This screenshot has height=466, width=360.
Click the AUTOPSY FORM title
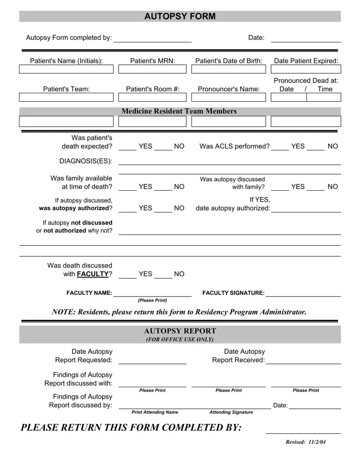[x=180, y=17]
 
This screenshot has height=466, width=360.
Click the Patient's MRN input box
[x=152, y=69]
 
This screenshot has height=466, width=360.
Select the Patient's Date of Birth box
[x=229, y=69]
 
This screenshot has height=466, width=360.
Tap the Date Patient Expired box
[x=306, y=69]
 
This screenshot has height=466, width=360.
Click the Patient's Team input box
[x=66, y=97]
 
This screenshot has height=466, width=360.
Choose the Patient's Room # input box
[x=152, y=97]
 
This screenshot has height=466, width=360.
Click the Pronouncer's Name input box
[x=229, y=97]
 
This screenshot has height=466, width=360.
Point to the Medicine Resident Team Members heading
[x=179, y=111]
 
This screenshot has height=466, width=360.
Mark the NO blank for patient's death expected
[x=163, y=149]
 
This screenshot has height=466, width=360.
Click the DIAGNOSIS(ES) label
[x=86, y=161]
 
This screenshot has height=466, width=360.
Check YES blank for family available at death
[x=127, y=190]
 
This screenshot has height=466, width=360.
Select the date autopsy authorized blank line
[x=306, y=211]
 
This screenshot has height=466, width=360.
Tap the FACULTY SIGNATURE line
[x=303, y=296]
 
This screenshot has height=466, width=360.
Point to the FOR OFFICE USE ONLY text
[x=180, y=340]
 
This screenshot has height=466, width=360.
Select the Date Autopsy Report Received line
[x=303, y=363]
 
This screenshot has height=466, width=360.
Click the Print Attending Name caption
[x=155, y=412]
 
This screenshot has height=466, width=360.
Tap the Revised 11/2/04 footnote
[x=306, y=442]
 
